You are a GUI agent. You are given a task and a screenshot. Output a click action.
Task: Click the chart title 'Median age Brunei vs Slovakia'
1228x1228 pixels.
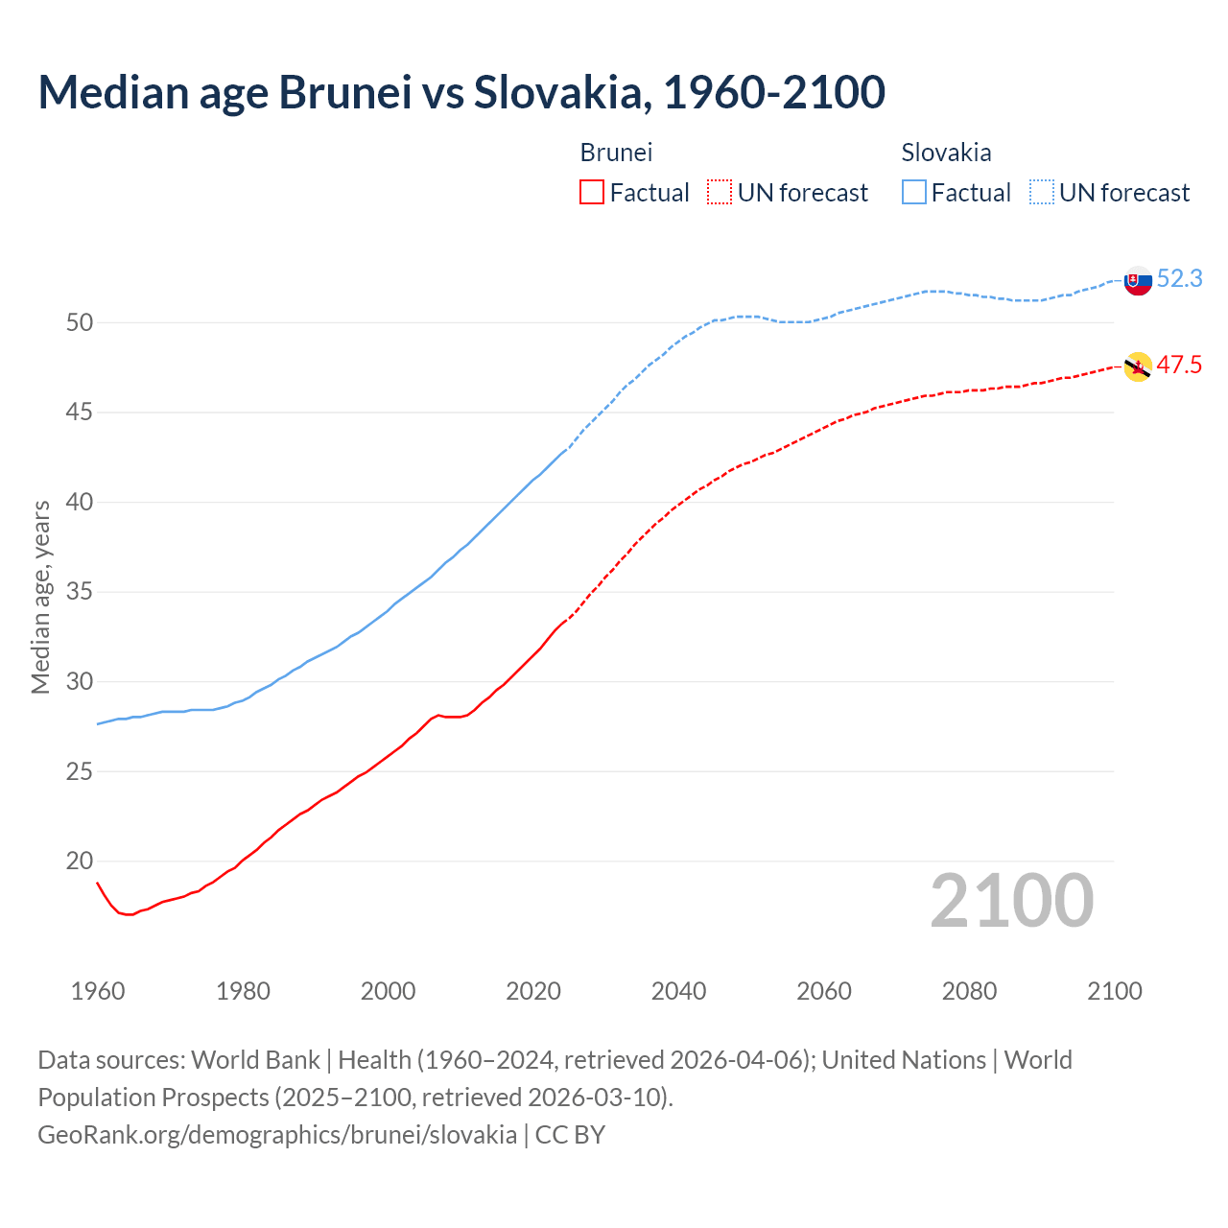460,92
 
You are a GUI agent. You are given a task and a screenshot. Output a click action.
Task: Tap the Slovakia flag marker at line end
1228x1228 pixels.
1138,280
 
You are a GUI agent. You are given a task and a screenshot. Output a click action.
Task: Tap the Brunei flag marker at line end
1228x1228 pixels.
1138,366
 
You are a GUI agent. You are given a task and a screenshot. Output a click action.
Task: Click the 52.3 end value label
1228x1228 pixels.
1179,278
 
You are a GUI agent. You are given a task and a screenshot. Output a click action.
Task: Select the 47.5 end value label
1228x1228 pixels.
1179,365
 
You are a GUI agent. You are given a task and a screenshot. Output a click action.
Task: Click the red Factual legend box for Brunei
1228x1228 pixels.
592,193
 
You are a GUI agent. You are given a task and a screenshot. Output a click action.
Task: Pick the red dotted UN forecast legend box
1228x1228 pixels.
720,193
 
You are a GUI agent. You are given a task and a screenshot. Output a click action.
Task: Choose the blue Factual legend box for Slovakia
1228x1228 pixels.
914,193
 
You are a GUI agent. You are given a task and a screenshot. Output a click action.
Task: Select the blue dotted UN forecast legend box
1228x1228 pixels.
1041,193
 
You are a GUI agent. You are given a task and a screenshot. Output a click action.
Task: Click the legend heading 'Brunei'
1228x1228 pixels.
616,153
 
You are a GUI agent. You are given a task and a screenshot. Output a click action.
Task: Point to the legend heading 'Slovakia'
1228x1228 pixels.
946,153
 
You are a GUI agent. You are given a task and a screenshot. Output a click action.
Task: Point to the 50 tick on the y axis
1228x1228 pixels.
80,322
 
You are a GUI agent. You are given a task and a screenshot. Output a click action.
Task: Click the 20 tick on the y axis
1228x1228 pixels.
80,861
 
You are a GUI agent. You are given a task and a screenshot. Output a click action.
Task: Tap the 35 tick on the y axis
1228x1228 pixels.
80,592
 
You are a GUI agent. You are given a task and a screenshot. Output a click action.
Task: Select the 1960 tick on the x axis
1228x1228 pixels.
98,991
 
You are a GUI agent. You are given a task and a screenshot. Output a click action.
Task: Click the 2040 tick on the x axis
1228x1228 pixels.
678,991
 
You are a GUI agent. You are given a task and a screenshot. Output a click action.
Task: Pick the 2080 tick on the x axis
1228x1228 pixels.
969,991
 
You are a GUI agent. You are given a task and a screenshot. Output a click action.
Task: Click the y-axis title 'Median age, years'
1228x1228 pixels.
40,597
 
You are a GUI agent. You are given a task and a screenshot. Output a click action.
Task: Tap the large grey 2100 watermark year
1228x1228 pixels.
1011,900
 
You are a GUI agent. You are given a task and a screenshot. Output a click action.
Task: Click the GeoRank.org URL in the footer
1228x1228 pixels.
277,1134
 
